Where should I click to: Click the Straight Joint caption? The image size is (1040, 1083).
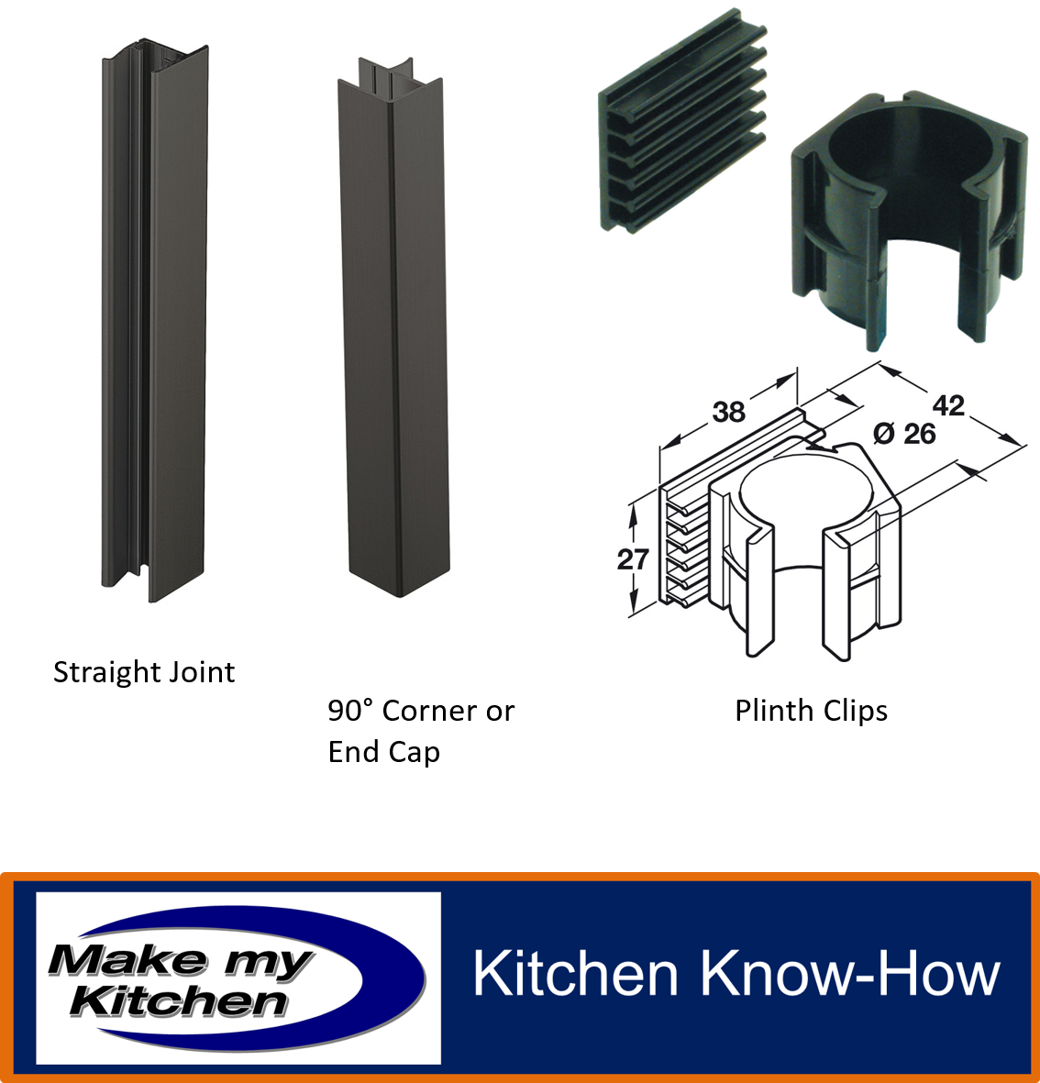pyautogui.click(x=144, y=673)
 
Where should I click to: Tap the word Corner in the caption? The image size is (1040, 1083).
pyautogui.click(x=429, y=711)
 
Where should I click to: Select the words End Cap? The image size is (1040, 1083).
pyautogui.click(x=384, y=752)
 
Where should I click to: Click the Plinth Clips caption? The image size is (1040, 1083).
pyautogui.click(x=811, y=711)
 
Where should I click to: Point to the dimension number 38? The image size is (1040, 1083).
pyautogui.click(x=728, y=413)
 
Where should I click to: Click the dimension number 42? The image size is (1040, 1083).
pyautogui.click(x=948, y=405)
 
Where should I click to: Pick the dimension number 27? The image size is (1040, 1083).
pyautogui.click(x=633, y=558)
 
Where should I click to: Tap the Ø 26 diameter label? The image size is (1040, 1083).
pyautogui.click(x=904, y=434)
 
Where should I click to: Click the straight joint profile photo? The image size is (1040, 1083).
pyautogui.click(x=155, y=319)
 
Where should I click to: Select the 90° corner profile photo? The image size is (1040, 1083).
pyautogui.click(x=393, y=327)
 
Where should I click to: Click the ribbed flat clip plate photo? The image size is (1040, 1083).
pyautogui.click(x=682, y=121)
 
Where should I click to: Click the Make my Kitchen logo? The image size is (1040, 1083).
pyautogui.click(x=238, y=978)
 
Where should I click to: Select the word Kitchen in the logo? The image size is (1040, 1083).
pyautogui.click(x=179, y=1001)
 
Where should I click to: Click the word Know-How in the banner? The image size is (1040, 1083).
pyautogui.click(x=850, y=974)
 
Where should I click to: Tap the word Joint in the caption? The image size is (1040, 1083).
pyautogui.click(x=200, y=673)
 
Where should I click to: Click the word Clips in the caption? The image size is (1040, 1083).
pyautogui.click(x=855, y=711)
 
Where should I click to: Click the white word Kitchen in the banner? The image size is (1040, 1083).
pyautogui.click(x=576, y=974)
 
